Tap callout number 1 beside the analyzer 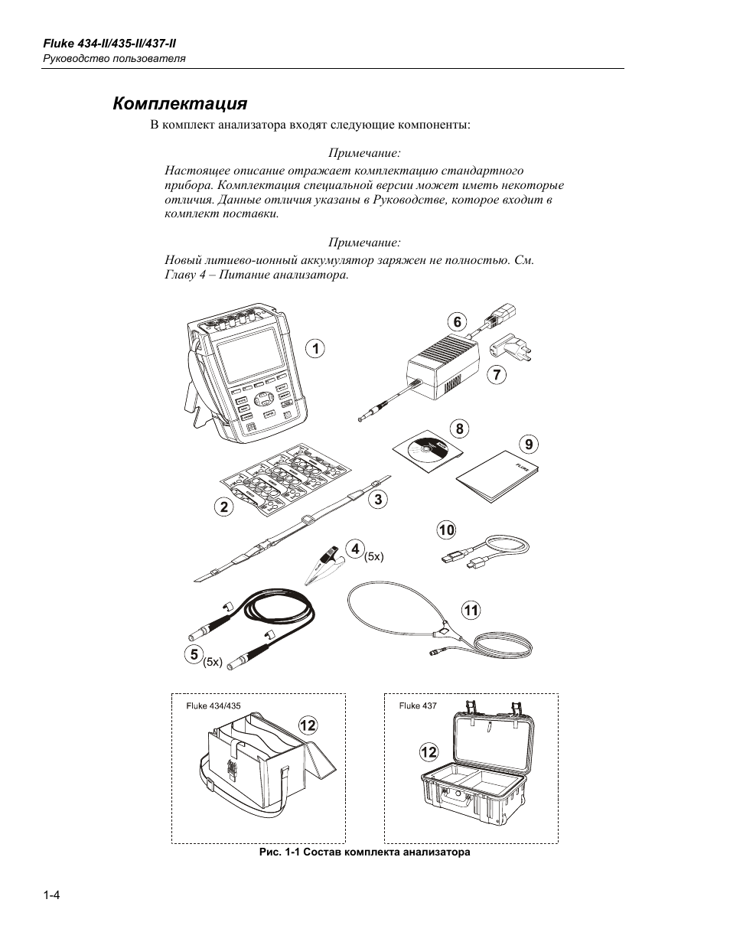[x=314, y=349]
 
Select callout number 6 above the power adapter [x=458, y=321]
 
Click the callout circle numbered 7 [x=497, y=375]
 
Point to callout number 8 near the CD [x=460, y=429]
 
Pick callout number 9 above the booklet [x=528, y=444]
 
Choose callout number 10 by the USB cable [x=446, y=530]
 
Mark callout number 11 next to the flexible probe [x=471, y=610]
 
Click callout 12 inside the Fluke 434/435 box [x=308, y=725]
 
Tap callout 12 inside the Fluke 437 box [x=429, y=752]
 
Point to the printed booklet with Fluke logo [x=497, y=476]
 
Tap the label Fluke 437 [x=418, y=705]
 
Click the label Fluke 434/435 [x=213, y=705]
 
